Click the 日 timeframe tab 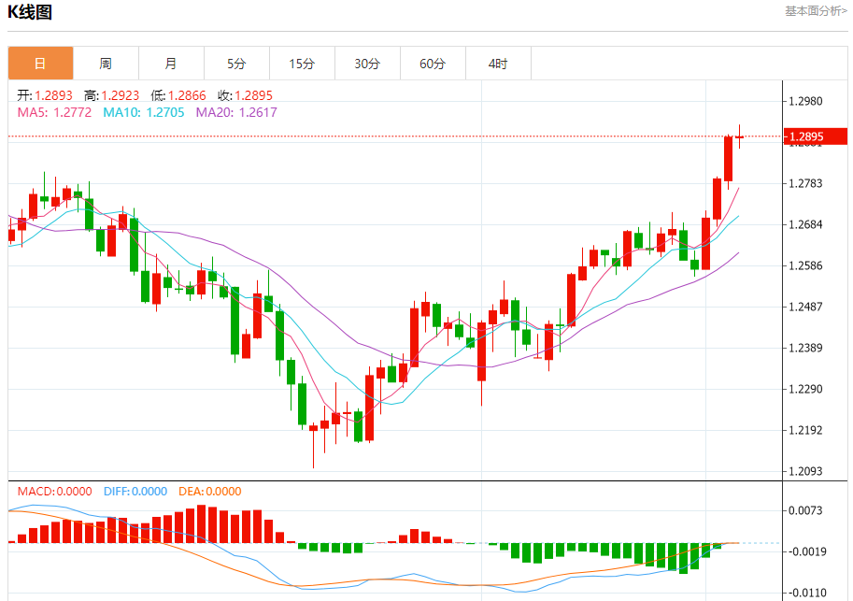point(40,64)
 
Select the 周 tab point(106,64)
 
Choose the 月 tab point(171,64)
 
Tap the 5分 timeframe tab point(236,64)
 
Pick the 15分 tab point(302,64)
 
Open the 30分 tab point(367,64)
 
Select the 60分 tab point(433,64)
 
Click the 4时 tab point(498,64)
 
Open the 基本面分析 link point(816,11)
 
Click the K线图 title point(30,13)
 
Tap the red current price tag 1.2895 point(815,137)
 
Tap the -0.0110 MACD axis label point(808,592)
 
